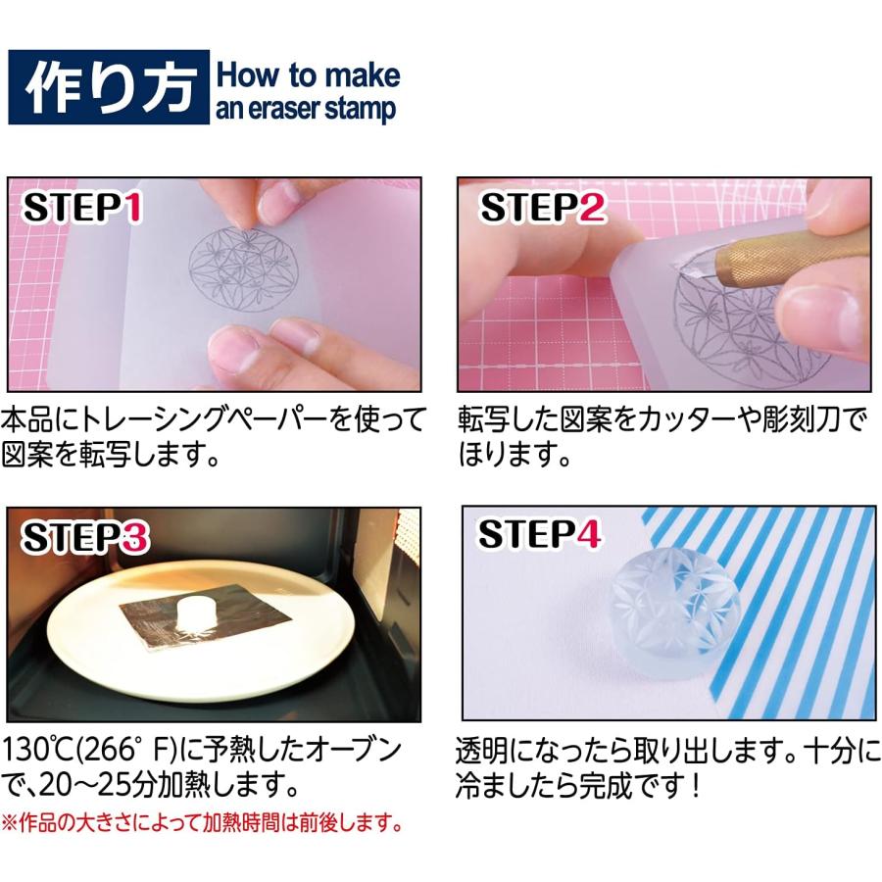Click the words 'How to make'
click(308, 74)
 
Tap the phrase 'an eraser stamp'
click(306, 108)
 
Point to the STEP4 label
click(540, 534)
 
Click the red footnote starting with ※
click(202, 821)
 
